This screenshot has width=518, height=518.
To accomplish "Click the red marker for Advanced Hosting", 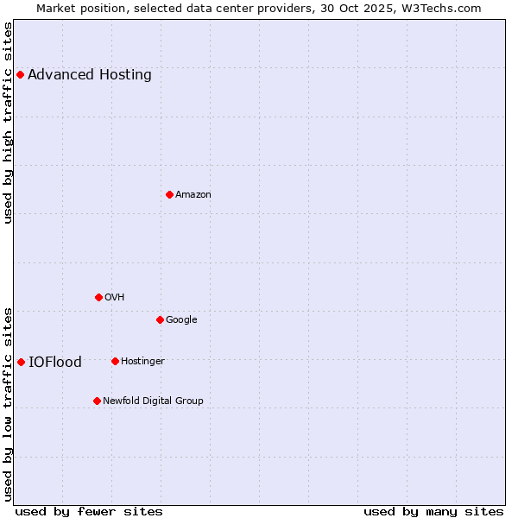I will pos(20,74).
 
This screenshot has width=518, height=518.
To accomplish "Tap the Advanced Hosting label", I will pos(90,75).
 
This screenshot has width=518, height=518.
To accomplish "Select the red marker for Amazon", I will pos(169,194).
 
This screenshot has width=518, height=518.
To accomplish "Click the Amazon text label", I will pos(193,195).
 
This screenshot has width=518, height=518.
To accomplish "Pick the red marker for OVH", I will pos(98,297).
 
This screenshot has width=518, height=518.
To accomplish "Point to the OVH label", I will pos(115,298).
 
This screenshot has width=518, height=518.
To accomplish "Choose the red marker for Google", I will pos(160,319).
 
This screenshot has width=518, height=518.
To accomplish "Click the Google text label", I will pos(181,320).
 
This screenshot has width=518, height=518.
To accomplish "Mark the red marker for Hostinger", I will pos(115,361).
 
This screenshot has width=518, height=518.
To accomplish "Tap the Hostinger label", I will pos(142,362).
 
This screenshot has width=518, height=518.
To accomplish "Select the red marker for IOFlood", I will pos(21,362).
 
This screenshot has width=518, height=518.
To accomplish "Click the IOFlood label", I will pos(55,363).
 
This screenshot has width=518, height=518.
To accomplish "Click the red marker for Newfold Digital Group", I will pos(97,401).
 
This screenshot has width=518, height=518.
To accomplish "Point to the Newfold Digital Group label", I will pos(153,401).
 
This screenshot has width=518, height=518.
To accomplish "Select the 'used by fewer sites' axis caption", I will pos(89,511).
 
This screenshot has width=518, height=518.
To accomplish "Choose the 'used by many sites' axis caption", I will pos(433,511).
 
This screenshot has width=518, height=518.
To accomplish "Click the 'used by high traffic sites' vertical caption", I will pos(8,123).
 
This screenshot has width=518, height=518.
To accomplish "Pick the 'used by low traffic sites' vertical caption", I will pos(8,404).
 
